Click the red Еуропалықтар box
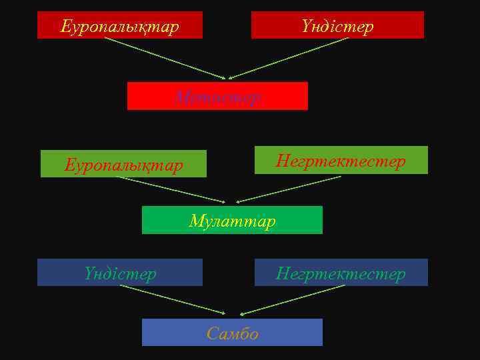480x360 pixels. [x=120, y=25]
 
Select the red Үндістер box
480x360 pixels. [x=337, y=25]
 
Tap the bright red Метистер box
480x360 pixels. [x=217, y=96]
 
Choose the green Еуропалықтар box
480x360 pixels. [x=123, y=164]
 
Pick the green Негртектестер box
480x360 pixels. [x=341, y=161]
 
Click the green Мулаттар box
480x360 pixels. [x=232, y=220]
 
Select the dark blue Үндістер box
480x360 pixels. [x=120, y=273]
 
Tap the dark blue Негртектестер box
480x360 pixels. [x=341, y=273]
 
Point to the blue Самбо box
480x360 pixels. [x=232, y=333]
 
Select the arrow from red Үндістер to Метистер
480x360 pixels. [x=289, y=58]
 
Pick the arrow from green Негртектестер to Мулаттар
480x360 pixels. [x=289, y=189]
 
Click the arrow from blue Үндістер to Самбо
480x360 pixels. [x=173, y=299]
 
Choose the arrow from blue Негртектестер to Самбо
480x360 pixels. [x=293, y=299]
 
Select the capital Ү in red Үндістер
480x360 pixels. [x=306, y=27]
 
